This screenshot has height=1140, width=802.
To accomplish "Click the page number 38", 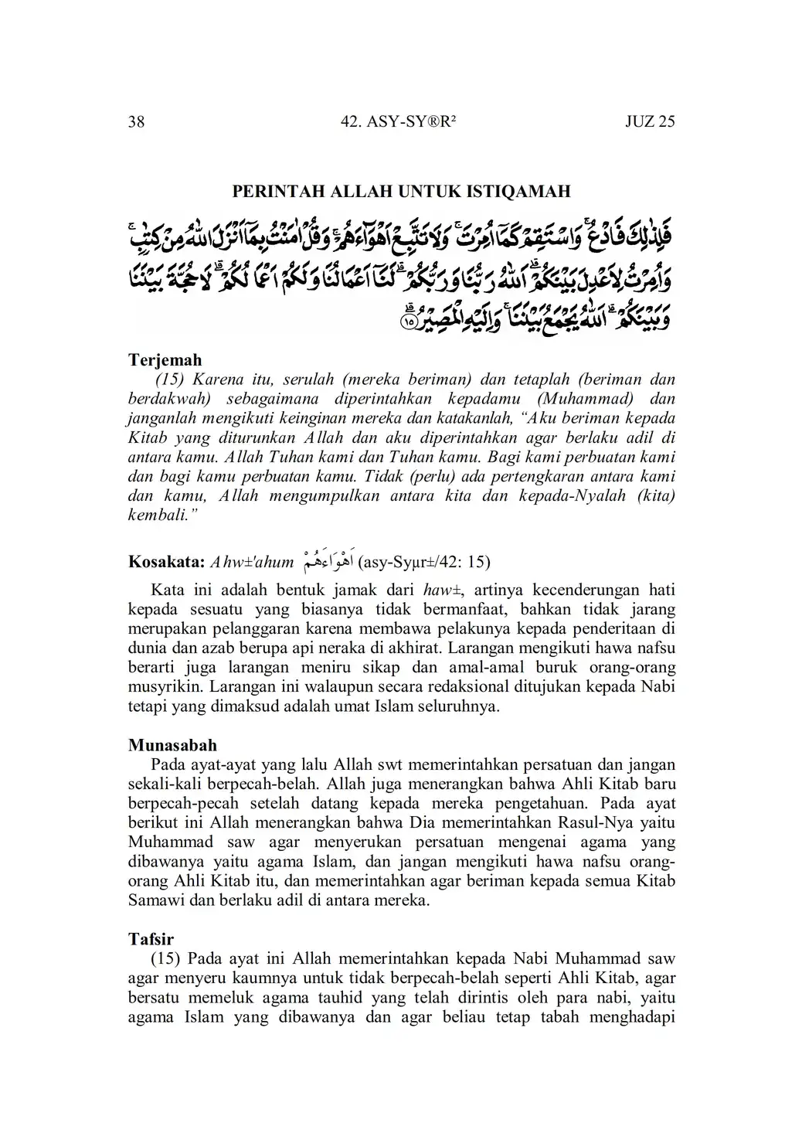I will [x=136, y=122].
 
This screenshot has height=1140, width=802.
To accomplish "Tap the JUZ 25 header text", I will [x=650, y=122].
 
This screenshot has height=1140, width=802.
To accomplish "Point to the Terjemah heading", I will [x=165, y=359].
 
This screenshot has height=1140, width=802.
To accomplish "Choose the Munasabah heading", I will [x=172, y=745].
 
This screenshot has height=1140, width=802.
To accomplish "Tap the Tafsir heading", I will [x=151, y=940].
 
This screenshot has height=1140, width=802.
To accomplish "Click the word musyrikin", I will [x=165, y=686].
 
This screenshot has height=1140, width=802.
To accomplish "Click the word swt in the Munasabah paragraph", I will [x=384, y=765].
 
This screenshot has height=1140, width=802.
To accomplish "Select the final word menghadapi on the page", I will [x=632, y=1017].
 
